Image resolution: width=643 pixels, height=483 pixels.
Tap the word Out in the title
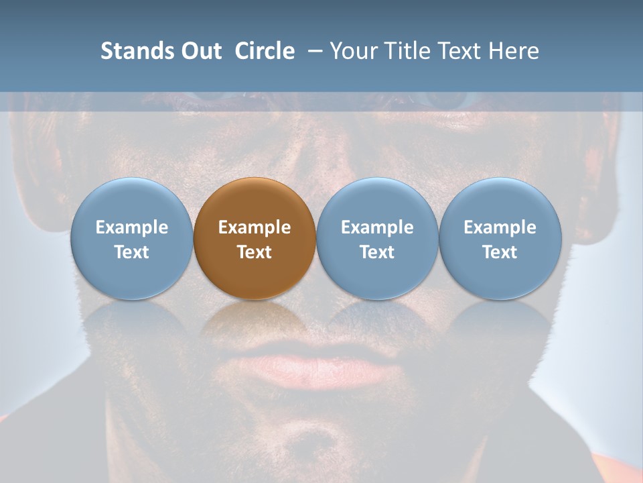201,51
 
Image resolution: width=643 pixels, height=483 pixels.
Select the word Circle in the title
265,51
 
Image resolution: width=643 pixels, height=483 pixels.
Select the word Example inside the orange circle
255,227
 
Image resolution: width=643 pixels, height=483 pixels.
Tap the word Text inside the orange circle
255,252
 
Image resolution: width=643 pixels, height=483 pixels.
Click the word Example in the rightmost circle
500,227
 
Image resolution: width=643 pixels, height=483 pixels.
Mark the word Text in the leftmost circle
131,252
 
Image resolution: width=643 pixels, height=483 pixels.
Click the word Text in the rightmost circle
500,252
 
